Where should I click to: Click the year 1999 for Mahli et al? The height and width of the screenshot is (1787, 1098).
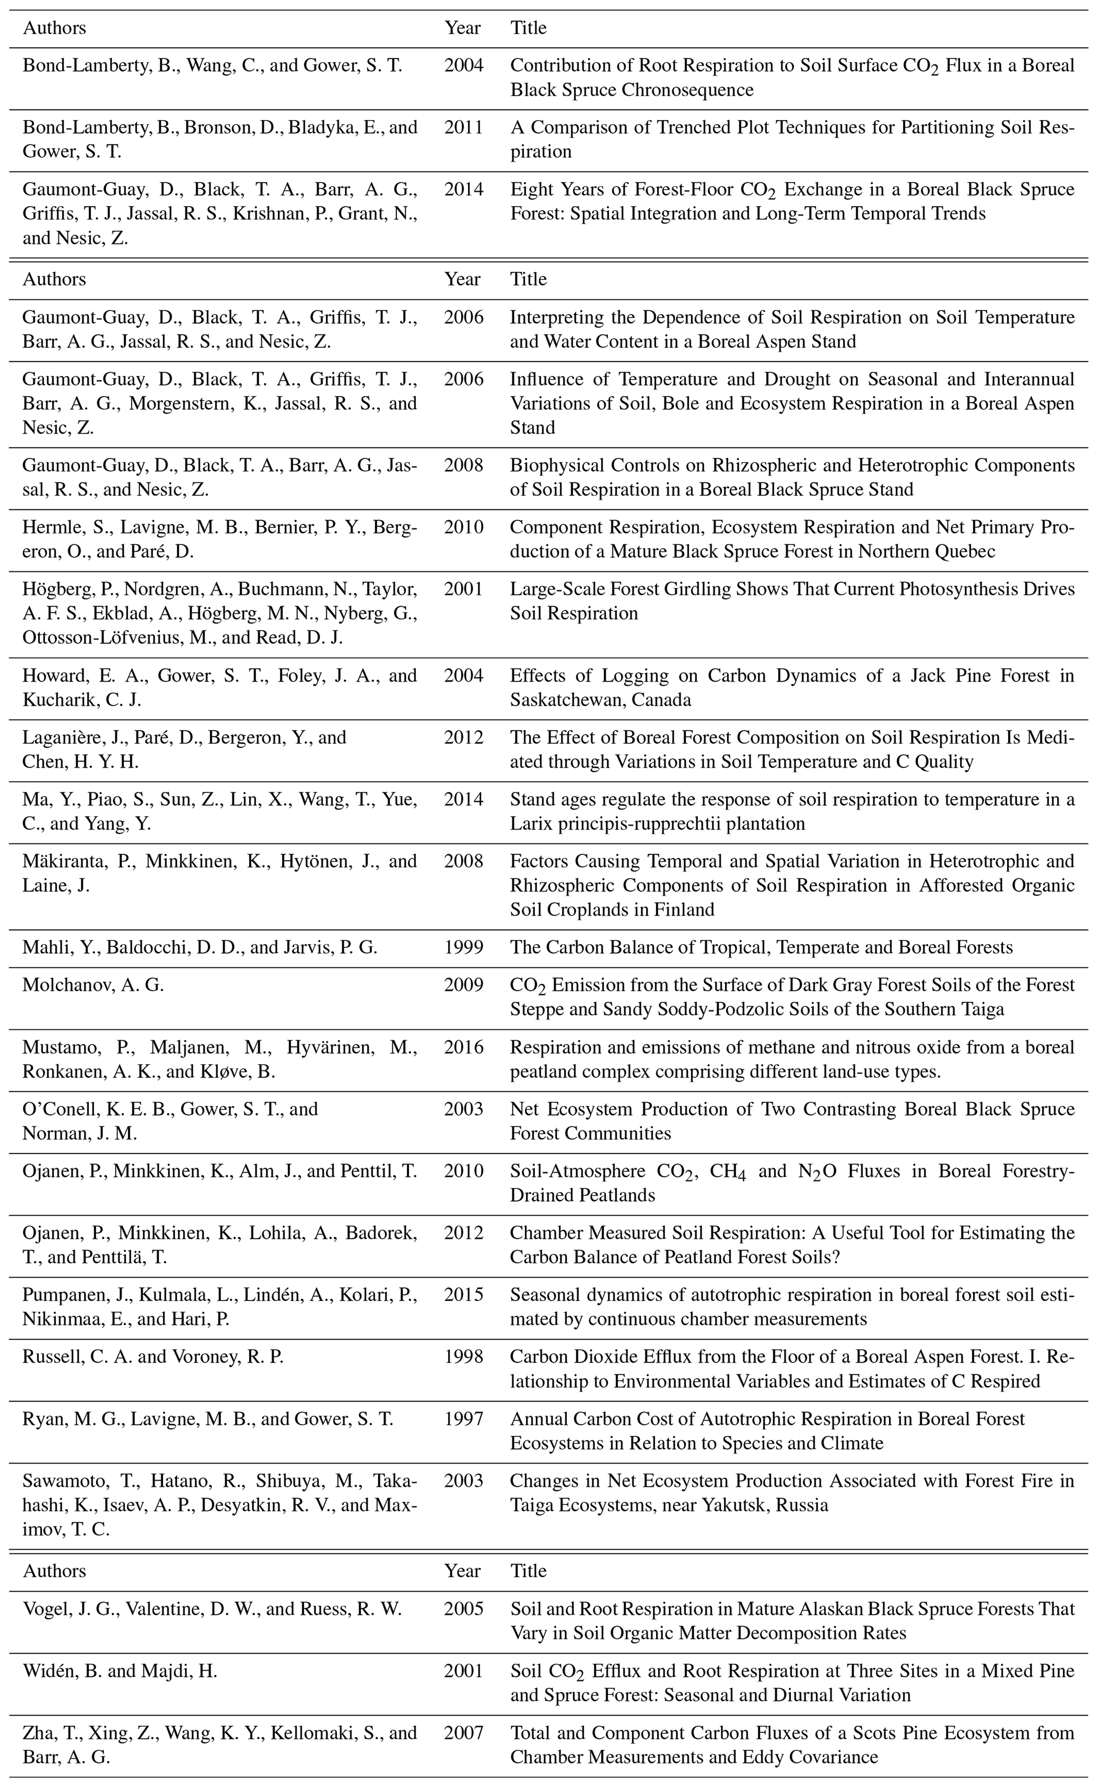coord(463,947)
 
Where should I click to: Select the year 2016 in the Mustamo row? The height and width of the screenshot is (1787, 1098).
coord(463,1047)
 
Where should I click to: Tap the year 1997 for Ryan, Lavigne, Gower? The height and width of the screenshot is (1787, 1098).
coord(463,1419)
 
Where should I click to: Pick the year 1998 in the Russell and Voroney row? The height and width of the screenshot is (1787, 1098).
coord(463,1357)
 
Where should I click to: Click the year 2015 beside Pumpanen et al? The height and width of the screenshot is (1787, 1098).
coord(463,1295)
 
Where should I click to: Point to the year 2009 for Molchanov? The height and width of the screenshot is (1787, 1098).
coord(463,985)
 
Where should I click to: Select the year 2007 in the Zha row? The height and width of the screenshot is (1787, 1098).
coord(463,1733)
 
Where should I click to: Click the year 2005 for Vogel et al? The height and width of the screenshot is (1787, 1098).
coord(463,1609)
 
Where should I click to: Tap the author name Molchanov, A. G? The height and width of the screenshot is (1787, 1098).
coord(93,985)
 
